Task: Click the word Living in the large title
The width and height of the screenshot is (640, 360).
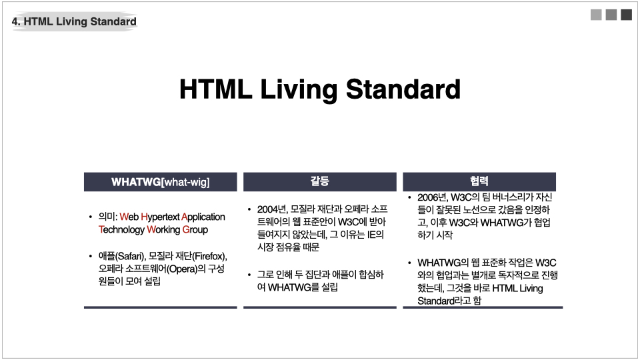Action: pos(299,90)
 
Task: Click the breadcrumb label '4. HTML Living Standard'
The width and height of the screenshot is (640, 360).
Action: pos(74,21)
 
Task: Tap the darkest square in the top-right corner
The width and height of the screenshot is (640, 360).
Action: pos(626,15)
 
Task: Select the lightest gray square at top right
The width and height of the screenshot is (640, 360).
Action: pos(596,15)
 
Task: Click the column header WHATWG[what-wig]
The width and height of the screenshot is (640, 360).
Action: pos(161,182)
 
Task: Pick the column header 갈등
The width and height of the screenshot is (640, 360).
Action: pos(319,181)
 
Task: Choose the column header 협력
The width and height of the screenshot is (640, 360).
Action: pos(479,181)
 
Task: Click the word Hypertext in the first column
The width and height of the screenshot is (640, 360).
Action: pos(160,217)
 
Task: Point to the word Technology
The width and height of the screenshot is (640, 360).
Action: pos(121,230)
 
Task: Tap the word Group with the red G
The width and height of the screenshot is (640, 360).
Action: pos(195,230)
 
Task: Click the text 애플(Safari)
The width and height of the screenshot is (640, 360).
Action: pos(122,256)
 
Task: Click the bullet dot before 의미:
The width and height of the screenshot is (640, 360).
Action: pos(90,217)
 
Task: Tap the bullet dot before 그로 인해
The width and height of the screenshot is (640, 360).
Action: pos(249,275)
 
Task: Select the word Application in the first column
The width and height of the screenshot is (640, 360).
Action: pos(203,217)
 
